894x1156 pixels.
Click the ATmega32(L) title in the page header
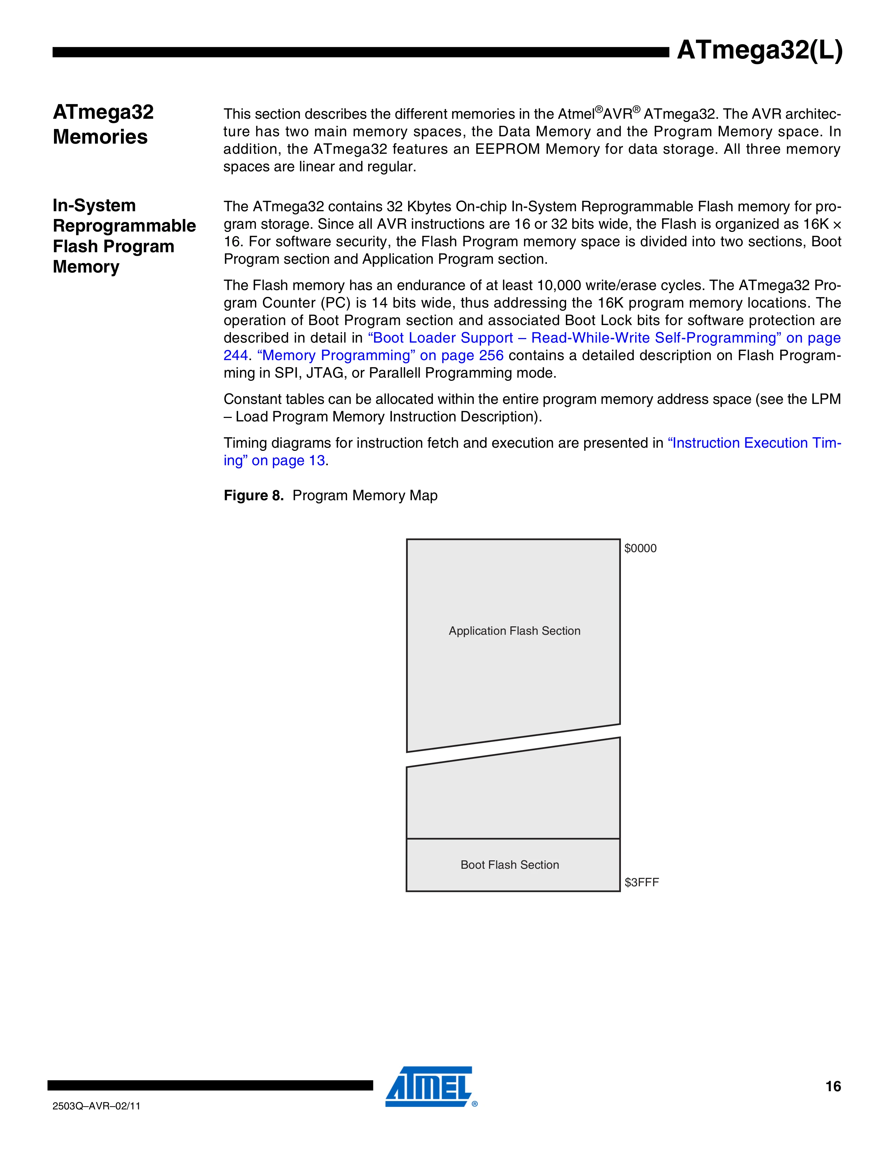759,51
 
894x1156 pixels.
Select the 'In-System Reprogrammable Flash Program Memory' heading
124,236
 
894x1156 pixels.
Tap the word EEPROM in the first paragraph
507,149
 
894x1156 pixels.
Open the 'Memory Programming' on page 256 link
380,355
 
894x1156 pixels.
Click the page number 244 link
235,355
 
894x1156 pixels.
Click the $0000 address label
640,548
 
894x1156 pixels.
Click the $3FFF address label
641,882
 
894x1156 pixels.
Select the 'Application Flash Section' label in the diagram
514,631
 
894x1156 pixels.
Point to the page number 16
833,1086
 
